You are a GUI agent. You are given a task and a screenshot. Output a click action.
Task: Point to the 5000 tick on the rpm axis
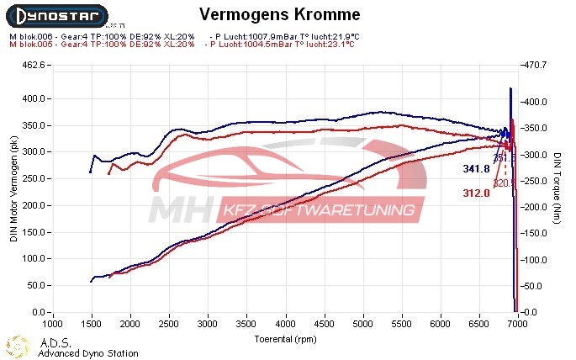click(362, 323)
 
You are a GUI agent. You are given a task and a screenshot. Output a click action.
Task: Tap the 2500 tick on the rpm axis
click(169, 323)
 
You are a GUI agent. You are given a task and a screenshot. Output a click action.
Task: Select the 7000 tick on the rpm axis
click(517, 323)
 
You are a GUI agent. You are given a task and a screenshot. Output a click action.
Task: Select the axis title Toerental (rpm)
click(285, 338)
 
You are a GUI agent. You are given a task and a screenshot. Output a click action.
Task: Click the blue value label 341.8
click(476, 169)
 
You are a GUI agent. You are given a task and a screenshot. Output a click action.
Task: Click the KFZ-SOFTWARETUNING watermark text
click(320, 209)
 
